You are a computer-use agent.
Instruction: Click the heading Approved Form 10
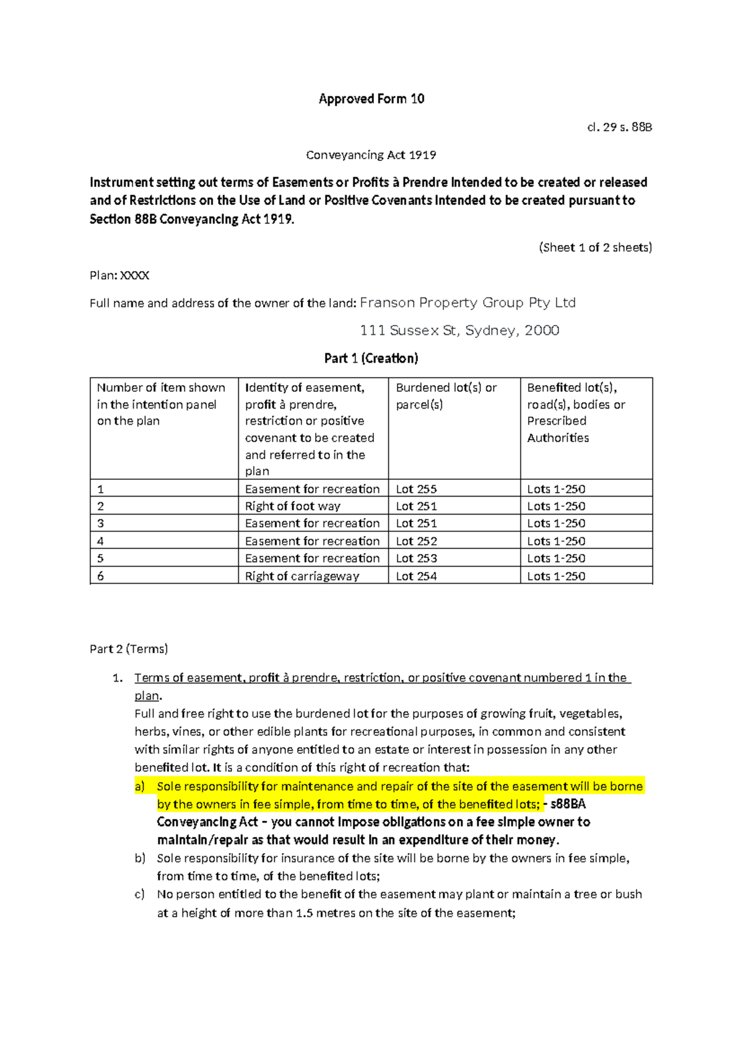pos(371,99)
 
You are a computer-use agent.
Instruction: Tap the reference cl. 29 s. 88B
pos(619,128)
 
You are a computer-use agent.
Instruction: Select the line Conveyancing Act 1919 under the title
pos(371,155)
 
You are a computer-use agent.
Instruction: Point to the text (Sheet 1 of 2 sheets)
pos(595,248)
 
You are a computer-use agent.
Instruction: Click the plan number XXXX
pos(134,276)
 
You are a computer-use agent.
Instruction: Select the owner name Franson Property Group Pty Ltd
pos(467,303)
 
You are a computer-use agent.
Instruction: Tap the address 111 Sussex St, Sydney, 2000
pos(459,331)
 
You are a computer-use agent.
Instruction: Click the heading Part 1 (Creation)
pos(371,358)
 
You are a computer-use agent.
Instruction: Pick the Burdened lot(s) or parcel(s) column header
pos(446,396)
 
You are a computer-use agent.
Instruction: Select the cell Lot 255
pos(416,489)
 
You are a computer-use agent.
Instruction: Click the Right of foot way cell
pos(292,506)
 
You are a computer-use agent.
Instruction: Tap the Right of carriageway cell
pos(302,576)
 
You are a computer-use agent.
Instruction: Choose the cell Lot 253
pos(416,558)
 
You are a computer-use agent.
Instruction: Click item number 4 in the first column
pos(100,541)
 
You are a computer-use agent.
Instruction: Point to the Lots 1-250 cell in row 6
pos(555,576)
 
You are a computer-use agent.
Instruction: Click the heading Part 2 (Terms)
pos(129,649)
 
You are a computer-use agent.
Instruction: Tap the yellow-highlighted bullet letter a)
pos(140,786)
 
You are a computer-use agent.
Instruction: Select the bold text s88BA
pos(568,804)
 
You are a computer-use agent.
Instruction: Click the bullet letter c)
pos(140,894)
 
